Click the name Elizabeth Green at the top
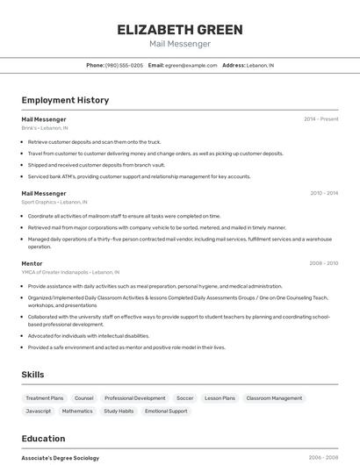coord(180,30)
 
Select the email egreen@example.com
coord(191,65)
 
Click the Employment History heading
coord(65,100)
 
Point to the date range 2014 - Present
coord(320,118)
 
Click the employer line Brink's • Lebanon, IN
coord(45,128)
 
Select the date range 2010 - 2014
coord(323,193)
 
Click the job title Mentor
coord(32,263)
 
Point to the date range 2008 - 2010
coord(323,263)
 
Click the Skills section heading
coord(32,375)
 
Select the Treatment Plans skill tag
coord(45,398)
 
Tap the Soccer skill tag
coord(184,398)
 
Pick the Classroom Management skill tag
coord(274,398)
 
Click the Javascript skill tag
coord(39,411)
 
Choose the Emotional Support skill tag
coord(166,411)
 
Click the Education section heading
coord(43,439)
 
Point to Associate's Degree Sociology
coord(61,458)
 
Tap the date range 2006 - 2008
coord(323,458)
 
